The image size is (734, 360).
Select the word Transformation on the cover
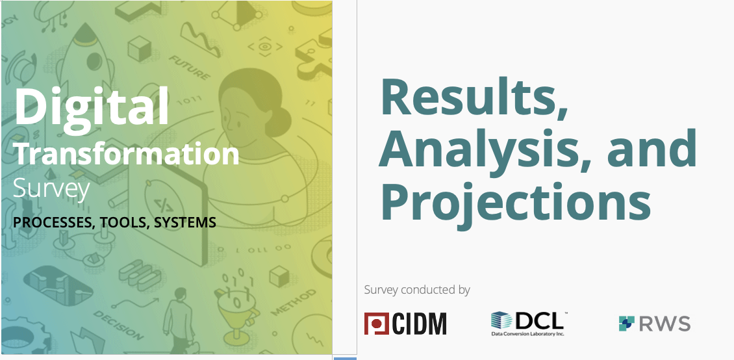point(127,154)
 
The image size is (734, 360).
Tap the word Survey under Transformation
point(51,190)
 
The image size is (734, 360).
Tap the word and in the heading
point(652,148)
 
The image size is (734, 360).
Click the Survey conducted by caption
point(416,290)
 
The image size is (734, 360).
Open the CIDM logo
point(405,324)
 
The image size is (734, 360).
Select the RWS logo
point(654,324)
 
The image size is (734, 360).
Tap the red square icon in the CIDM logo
point(376,324)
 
